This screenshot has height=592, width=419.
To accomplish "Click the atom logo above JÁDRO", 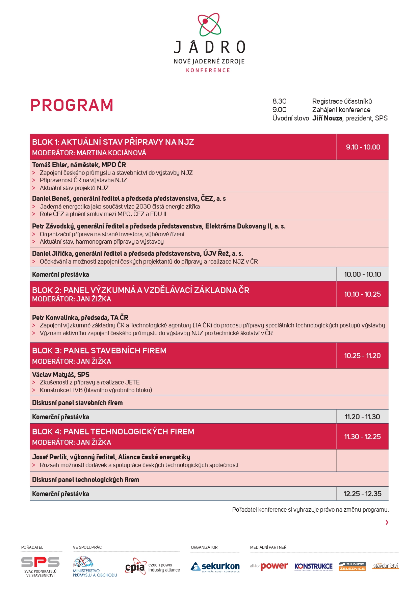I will (209, 24).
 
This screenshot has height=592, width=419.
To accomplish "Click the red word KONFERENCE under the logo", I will (208, 70).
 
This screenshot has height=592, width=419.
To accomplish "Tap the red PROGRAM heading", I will (72, 105).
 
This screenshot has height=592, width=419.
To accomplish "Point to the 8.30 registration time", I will (279, 101).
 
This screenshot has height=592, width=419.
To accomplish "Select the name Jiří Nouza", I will (327, 118).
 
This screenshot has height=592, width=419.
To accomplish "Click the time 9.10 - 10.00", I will (363, 147).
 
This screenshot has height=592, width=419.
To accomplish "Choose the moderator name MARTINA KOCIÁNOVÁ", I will (111, 153).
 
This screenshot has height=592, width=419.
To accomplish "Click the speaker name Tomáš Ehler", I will (49, 165).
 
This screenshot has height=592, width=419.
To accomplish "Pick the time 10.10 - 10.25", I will (362, 294).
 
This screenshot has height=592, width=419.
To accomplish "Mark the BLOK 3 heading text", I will (99, 351).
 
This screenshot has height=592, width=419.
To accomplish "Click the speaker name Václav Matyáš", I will (53, 375).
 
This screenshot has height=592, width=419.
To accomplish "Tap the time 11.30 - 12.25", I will (362, 437).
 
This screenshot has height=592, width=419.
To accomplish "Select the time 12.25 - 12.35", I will (362, 494).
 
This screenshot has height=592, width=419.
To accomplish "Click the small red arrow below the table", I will (387, 522).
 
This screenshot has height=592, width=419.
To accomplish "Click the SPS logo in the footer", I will (40, 562).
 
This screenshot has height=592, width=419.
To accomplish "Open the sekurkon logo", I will (215, 567).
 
